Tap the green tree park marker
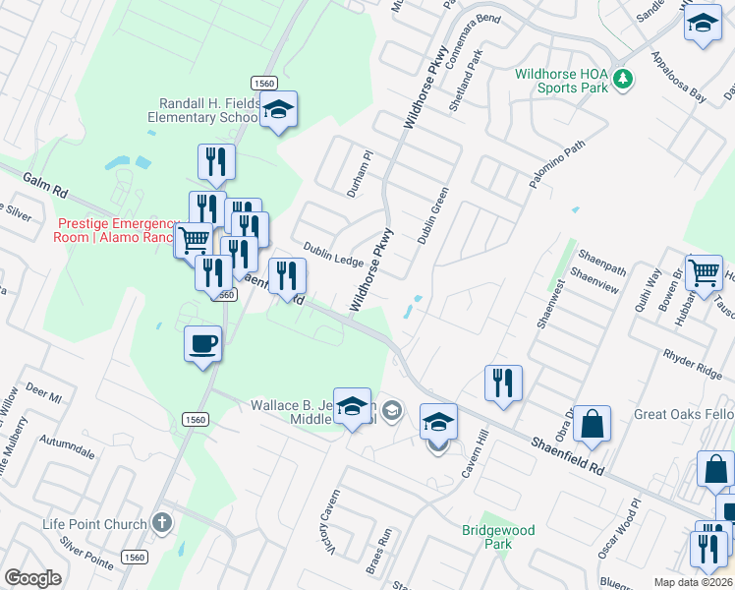pyautogui.click(x=621, y=79)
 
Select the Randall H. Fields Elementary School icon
pyautogui.click(x=279, y=110)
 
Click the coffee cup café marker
pyautogui.click(x=203, y=344)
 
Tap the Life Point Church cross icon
pyautogui.click(x=164, y=522)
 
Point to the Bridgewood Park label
pyautogui.click(x=498, y=537)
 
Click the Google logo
pyautogui.click(x=32, y=578)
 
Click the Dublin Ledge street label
pyautogui.click(x=333, y=254)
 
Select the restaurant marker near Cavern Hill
pyautogui.click(x=503, y=383)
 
